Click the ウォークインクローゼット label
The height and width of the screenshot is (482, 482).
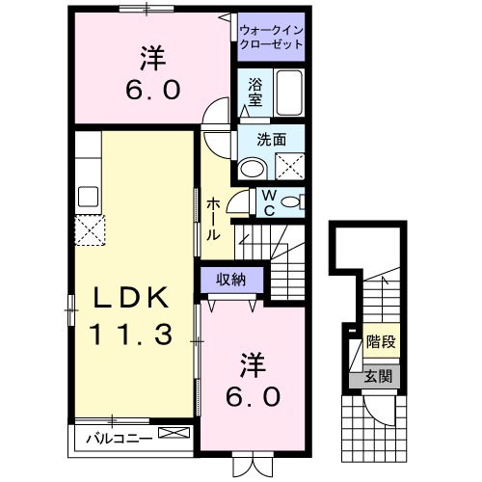click(x=271, y=38)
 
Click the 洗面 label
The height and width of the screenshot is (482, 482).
click(x=271, y=140)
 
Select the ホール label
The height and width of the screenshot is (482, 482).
click(x=214, y=218)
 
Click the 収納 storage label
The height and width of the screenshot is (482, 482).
click(x=229, y=279)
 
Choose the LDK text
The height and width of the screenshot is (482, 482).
click(x=131, y=298)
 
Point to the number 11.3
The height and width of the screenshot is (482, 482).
click(x=131, y=335)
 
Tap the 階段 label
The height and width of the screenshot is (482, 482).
click(x=382, y=342)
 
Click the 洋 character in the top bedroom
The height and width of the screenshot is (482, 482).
click(x=149, y=60)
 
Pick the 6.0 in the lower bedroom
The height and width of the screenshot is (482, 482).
click(x=254, y=395)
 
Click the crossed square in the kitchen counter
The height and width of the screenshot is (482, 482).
click(x=92, y=230)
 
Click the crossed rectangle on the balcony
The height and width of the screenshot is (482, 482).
click(x=174, y=435)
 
